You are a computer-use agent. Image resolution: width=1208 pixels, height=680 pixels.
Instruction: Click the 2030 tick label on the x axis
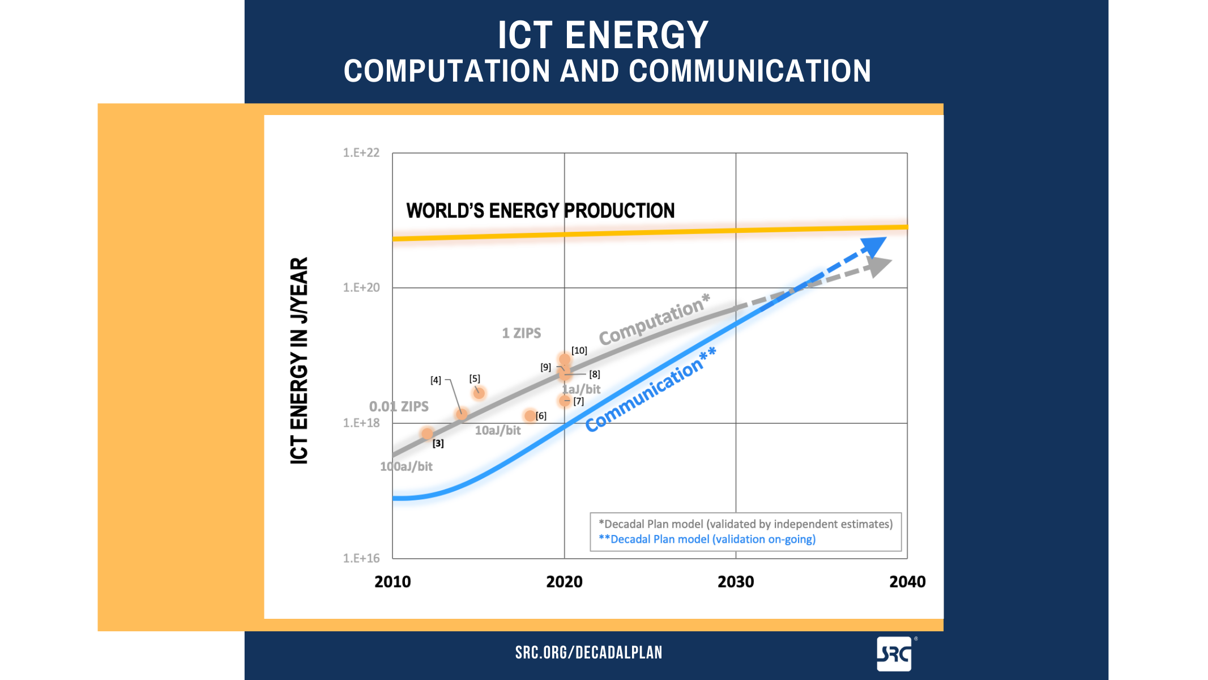pyautogui.click(x=736, y=582)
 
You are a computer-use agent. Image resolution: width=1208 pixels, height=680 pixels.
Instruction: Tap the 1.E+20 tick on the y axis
pyautogui.click(x=361, y=288)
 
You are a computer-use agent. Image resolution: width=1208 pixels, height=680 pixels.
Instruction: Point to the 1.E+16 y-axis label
pyautogui.click(x=361, y=558)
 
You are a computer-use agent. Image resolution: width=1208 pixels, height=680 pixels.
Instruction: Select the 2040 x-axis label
pyautogui.click(x=907, y=582)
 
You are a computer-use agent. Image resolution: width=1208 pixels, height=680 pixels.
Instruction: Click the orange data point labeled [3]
pyautogui.click(x=428, y=433)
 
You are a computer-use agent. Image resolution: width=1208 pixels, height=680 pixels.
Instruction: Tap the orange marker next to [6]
pyautogui.click(x=530, y=416)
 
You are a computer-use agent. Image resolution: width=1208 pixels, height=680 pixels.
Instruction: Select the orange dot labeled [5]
pyautogui.click(x=479, y=393)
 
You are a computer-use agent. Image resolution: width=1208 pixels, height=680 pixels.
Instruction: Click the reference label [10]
pyautogui.click(x=579, y=351)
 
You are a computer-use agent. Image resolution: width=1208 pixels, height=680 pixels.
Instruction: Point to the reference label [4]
pyautogui.click(x=436, y=380)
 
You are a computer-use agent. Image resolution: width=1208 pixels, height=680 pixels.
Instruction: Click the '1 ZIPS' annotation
pyautogui.click(x=521, y=333)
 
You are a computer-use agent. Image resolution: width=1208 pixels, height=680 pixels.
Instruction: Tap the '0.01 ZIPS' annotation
pyautogui.click(x=399, y=406)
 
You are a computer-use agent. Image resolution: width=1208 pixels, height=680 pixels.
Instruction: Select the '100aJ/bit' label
pyautogui.click(x=406, y=466)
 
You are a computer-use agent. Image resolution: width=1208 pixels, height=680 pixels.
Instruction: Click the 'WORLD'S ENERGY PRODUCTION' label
pyautogui.click(x=540, y=211)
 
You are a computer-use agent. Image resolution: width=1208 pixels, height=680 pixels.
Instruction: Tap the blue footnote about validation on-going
pyautogui.click(x=707, y=539)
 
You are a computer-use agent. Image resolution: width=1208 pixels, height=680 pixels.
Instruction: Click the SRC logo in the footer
pyautogui.click(x=894, y=654)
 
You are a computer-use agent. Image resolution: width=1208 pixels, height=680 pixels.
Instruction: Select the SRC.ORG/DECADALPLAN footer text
pyautogui.click(x=588, y=653)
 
